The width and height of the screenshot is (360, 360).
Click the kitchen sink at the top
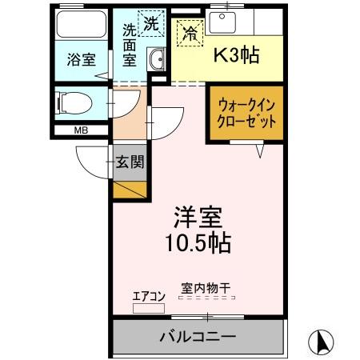(222, 21)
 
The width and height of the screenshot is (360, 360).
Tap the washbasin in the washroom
(157, 61)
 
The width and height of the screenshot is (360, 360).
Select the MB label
(82, 130)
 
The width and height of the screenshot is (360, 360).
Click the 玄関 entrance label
(130, 162)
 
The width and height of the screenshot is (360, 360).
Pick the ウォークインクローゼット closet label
(246, 114)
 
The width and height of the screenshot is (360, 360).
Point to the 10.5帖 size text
(198, 242)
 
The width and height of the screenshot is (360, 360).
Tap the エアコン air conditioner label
(148, 296)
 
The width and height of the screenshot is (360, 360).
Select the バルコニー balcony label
(197, 337)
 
